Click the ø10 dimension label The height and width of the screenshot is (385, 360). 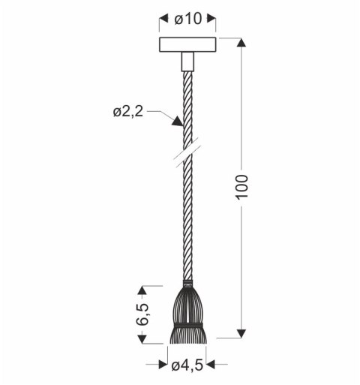pos(187,20)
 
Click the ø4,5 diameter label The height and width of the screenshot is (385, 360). pos(187,365)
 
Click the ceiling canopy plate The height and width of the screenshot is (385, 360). pos(187,45)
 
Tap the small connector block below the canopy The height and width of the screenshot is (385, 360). pos(187,61)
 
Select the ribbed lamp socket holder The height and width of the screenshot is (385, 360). pos(187,308)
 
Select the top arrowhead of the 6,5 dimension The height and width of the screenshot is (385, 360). pos(143,289)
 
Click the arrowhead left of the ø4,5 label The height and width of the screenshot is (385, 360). pos(164,365)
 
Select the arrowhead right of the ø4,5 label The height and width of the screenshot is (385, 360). pos(211,365)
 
